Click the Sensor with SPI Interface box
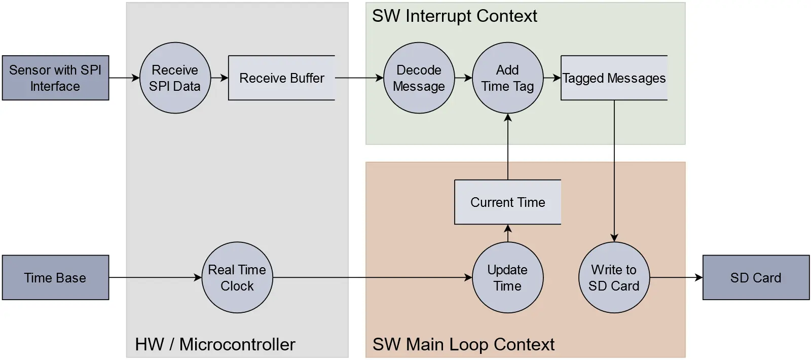pyautogui.click(x=55, y=78)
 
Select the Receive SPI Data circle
pyautogui.click(x=175, y=78)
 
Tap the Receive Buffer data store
pyautogui.click(x=281, y=78)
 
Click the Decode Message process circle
pyautogui.click(x=419, y=78)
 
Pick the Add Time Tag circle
pyautogui.click(x=507, y=78)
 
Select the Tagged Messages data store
pyautogui.click(x=614, y=78)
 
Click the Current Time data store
pyautogui.click(x=507, y=202)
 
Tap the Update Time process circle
pyautogui.click(x=507, y=277)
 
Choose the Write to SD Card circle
pyautogui.click(x=614, y=277)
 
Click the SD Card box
pyautogui.click(x=756, y=277)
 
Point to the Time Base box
pyautogui.click(x=55, y=277)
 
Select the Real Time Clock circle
pyautogui.click(x=237, y=277)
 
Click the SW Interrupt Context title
pyautogui.click(x=454, y=16)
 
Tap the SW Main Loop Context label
pyautogui.click(x=463, y=344)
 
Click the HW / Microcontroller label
pyautogui.click(x=215, y=344)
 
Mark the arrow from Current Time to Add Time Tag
pyautogui.click(x=507, y=147)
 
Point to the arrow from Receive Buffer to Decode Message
pyautogui.click(x=359, y=78)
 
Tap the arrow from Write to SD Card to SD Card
pyautogui.click(x=676, y=277)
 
